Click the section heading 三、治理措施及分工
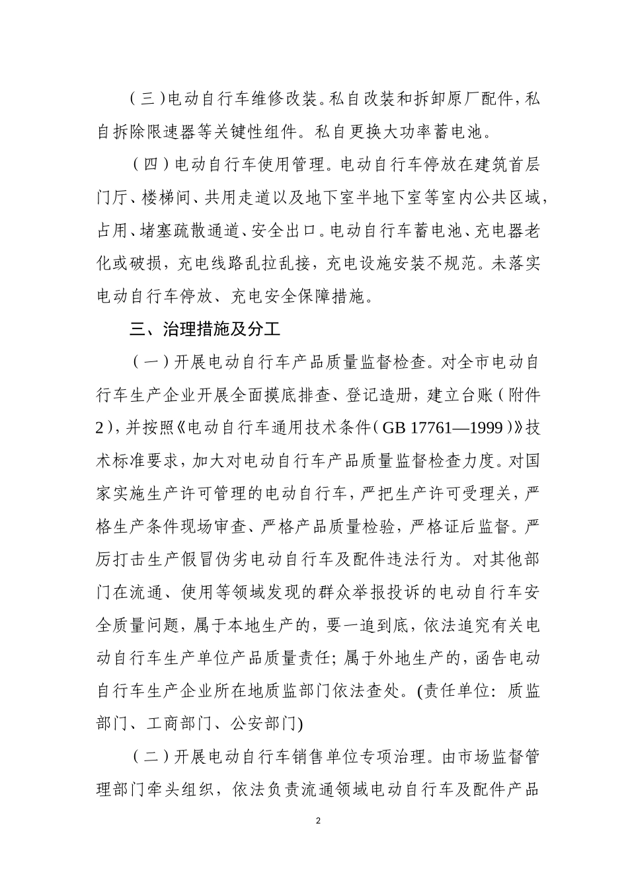(206, 330)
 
